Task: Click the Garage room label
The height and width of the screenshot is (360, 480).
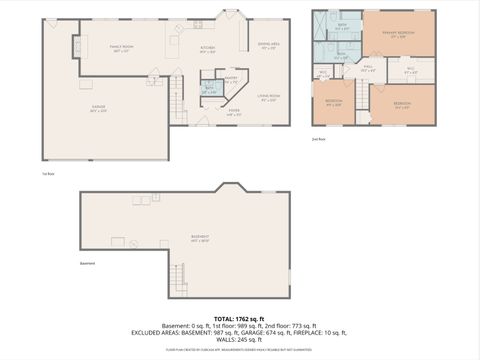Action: pyautogui.click(x=98, y=84)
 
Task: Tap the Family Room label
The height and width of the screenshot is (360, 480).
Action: pyautogui.click(x=122, y=48)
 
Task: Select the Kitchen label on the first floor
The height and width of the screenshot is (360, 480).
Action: pyautogui.click(x=207, y=48)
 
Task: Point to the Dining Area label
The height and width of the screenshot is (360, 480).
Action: pyautogui.click(x=269, y=46)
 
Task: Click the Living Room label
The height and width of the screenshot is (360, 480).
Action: pyautogui.click(x=269, y=98)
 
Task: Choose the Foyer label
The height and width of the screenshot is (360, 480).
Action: pyautogui.click(x=233, y=112)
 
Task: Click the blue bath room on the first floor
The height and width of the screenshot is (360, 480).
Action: pyautogui.click(x=209, y=90)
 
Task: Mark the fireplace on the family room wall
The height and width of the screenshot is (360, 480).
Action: pyautogui.click(x=77, y=45)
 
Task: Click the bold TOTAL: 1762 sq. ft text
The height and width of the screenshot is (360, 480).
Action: pyautogui.click(x=239, y=318)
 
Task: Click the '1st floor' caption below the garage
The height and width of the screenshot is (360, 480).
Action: pyautogui.click(x=48, y=172)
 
